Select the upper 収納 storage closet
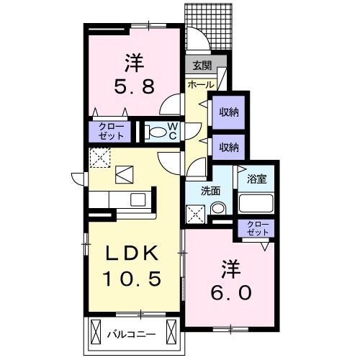229,112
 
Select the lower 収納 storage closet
229,147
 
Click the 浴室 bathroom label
257,177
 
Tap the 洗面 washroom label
211,192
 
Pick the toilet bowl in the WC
155,132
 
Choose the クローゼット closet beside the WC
112,131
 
